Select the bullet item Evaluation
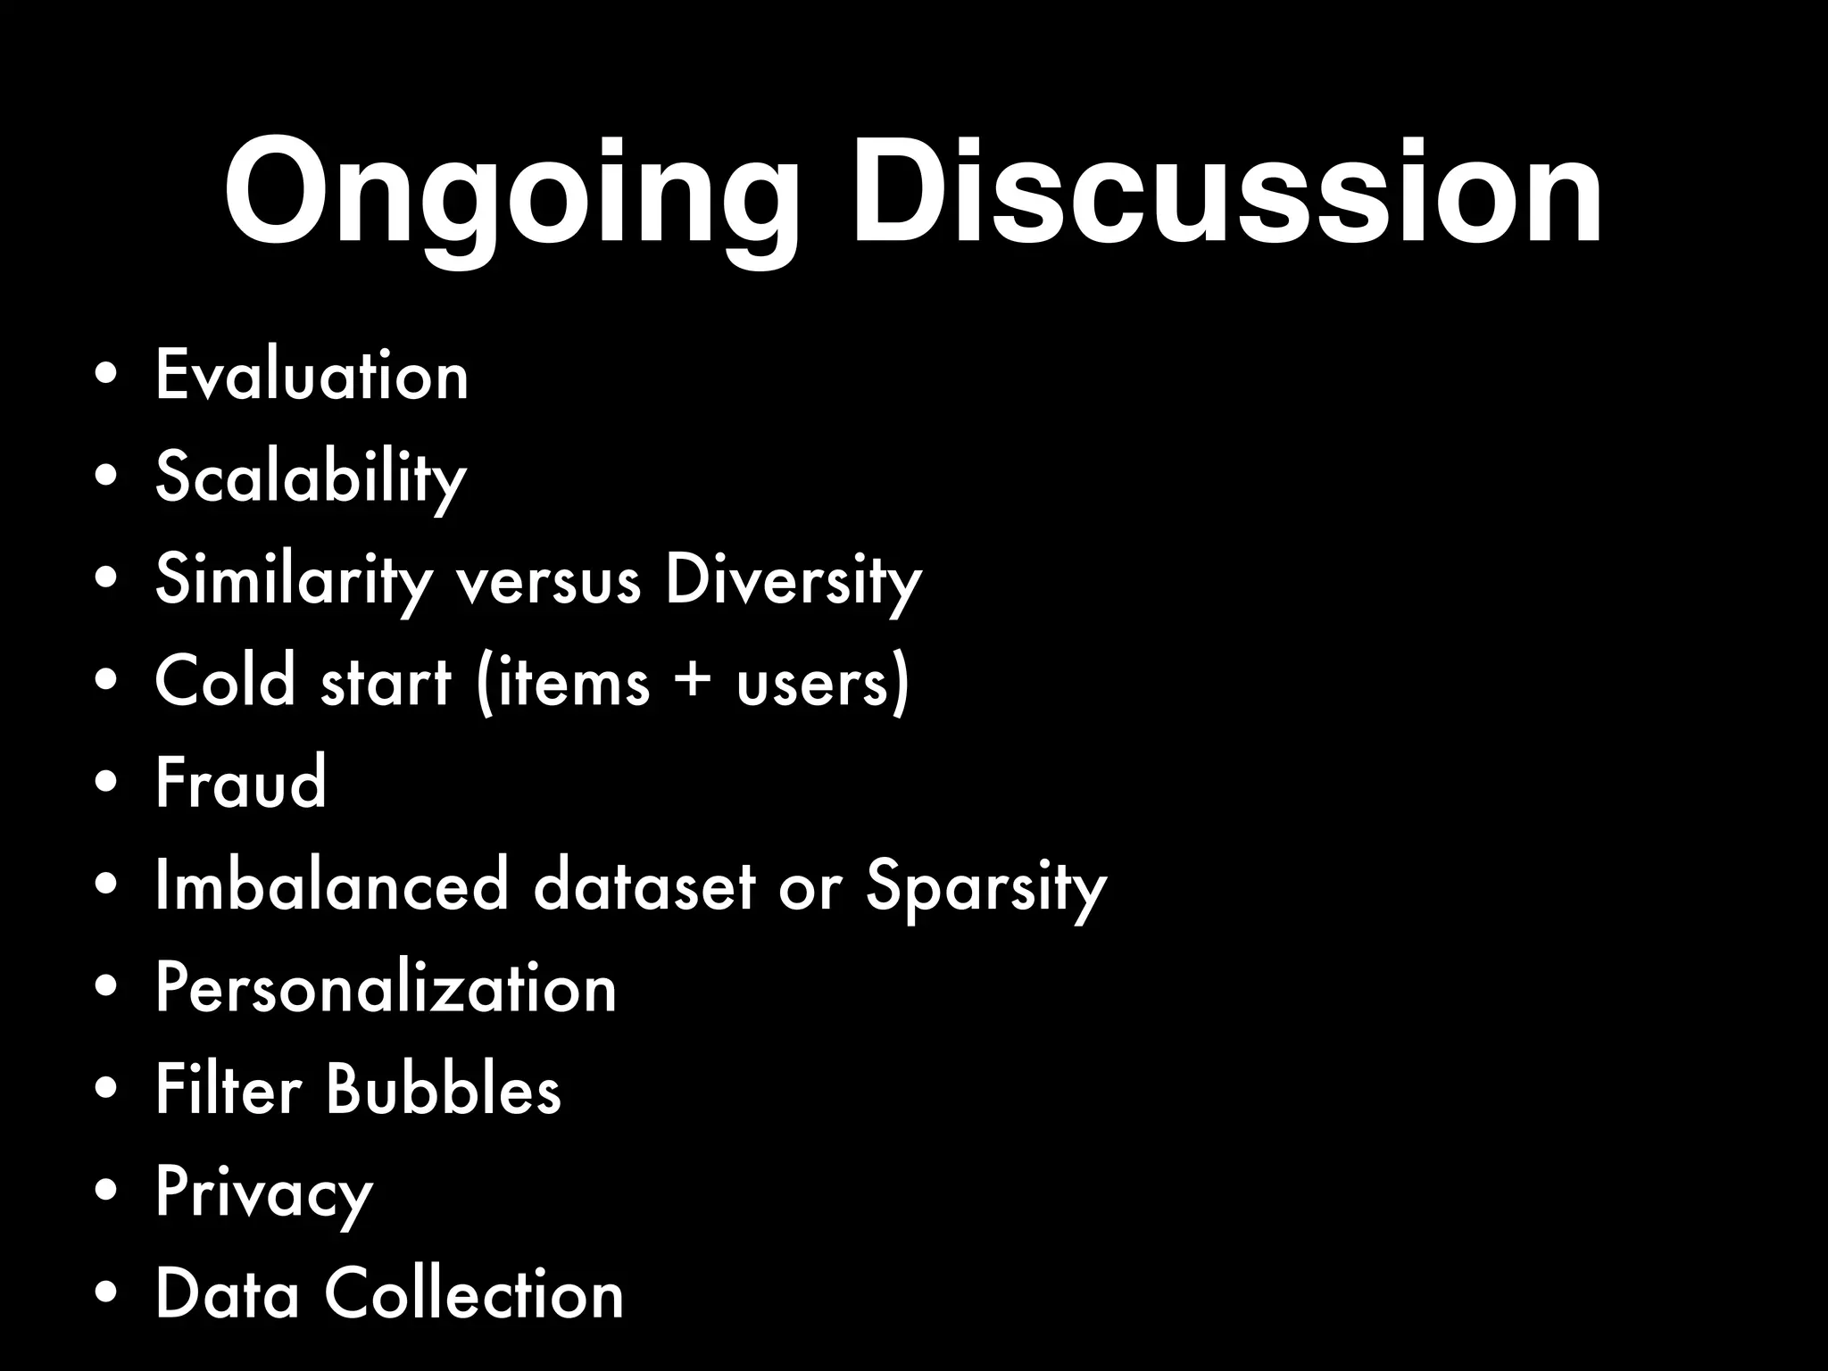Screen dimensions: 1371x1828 click(312, 376)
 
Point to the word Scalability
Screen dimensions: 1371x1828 click(311, 478)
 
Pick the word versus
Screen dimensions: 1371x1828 click(548, 581)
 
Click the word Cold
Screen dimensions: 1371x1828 click(225, 681)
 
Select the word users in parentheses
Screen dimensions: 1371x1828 click(812, 683)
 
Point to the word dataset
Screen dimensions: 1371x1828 click(644, 885)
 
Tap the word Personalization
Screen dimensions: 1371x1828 click(386, 988)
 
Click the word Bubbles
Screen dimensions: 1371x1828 click(443, 1089)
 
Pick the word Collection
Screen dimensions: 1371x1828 click(473, 1293)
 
